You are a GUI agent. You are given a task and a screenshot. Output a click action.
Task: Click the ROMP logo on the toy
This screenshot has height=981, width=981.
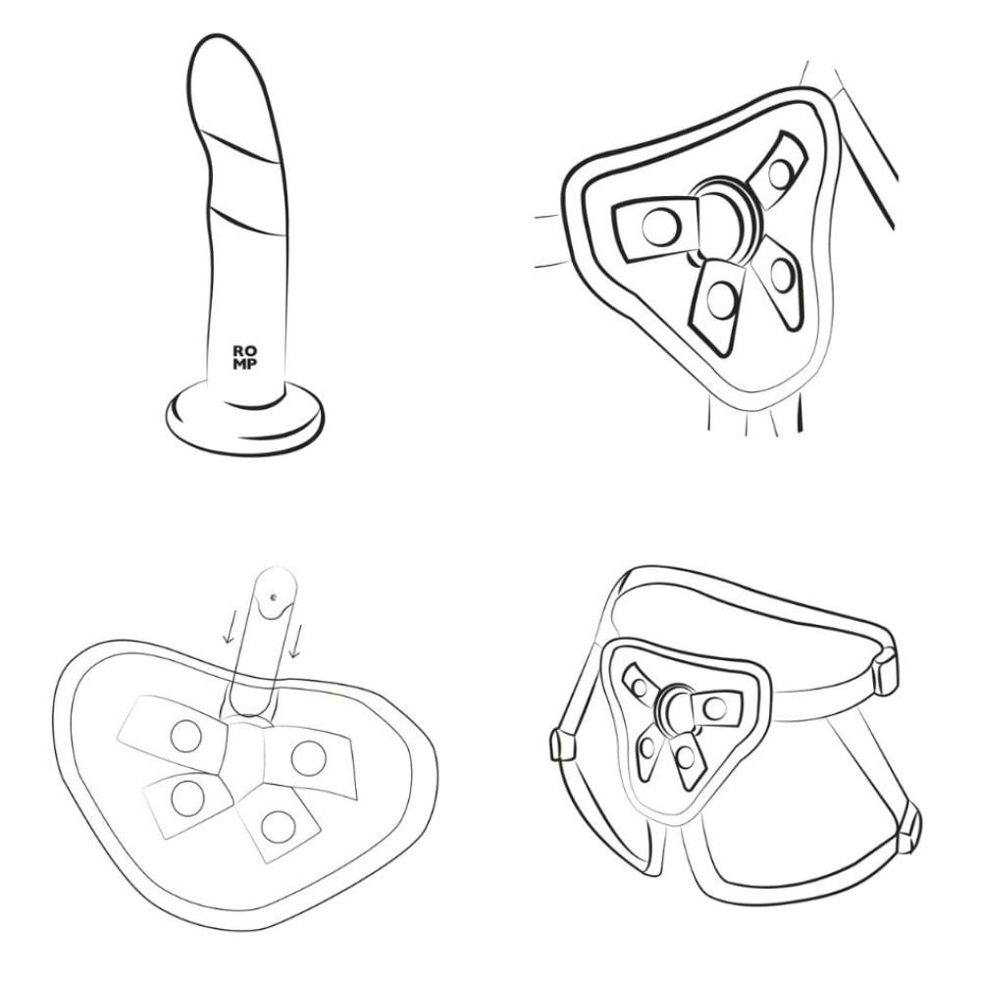pyautogui.click(x=244, y=357)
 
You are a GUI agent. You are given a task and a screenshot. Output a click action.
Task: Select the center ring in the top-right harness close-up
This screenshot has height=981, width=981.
pyautogui.click(x=726, y=220)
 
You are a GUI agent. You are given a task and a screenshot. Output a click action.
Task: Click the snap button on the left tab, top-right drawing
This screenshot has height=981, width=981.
pyautogui.click(x=661, y=227)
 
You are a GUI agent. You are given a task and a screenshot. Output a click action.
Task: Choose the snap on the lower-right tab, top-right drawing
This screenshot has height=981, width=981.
pyautogui.click(x=782, y=276)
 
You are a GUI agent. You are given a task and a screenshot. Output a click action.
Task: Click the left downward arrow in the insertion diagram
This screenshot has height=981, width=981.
pyautogui.click(x=229, y=628)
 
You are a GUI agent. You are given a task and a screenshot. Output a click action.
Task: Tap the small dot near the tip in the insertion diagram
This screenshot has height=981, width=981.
pyautogui.click(x=274, y=597)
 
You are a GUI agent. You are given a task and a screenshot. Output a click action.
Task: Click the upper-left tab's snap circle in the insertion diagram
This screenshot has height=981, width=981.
pyautogui.click(x=186, y=736)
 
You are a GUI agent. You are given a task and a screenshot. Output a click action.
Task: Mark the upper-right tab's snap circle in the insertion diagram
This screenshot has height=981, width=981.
pyautogui.click(x=308, y=757)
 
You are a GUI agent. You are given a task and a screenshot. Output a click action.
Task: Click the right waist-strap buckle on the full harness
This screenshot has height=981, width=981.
pyautogui.click(x=885, y=671)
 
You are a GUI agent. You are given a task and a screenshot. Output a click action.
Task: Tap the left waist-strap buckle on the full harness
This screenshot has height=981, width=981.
pyautogui.click(x=562, y=744)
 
